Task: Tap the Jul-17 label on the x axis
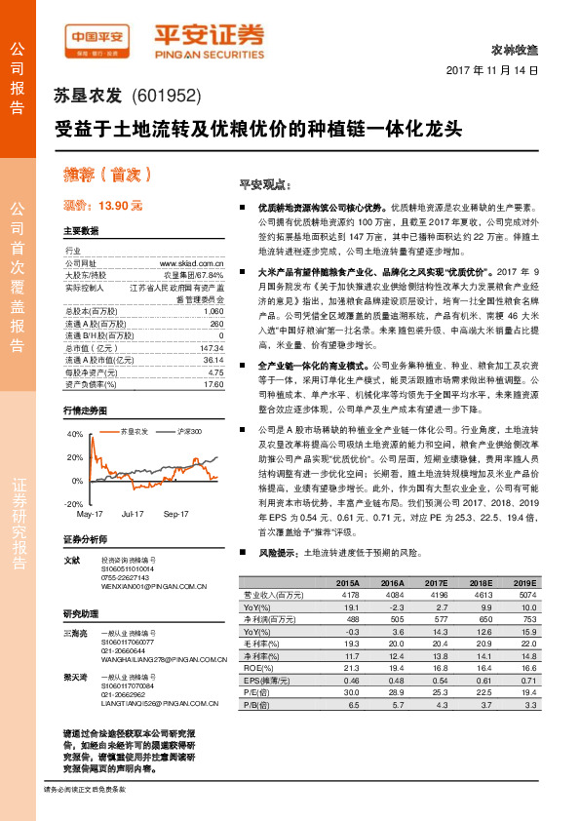(134, 512)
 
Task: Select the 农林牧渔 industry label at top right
(517, 49)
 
